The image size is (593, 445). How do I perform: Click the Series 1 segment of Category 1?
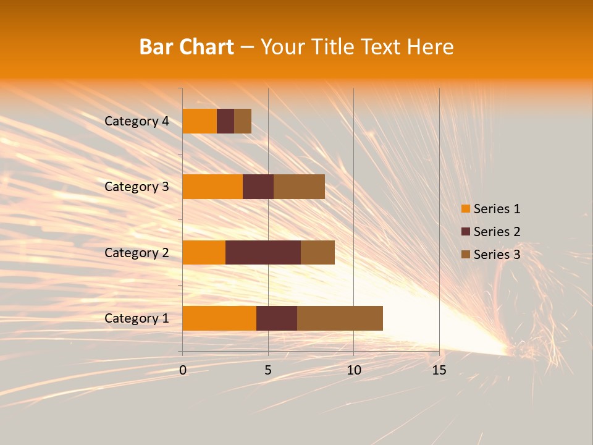click(x=219, y=318)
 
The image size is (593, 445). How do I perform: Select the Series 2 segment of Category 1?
click(x=277, y=318)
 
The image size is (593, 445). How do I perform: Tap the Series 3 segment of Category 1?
click(x=340, y=318)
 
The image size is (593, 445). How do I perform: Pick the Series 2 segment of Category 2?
click(x=263, y=252)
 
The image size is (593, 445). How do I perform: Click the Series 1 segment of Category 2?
click(x=204, y=252)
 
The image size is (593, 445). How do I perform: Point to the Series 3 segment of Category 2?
click(x=318, y=252)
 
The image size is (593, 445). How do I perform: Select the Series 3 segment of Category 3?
click(x=299, y=187)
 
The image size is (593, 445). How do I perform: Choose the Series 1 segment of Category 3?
click(x=212, y=187)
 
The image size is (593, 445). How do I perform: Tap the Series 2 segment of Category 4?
click(x=225, y=121)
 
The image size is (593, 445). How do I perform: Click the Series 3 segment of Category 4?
click(x=243, y=121)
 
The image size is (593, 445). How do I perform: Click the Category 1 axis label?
click(x=137, y=318)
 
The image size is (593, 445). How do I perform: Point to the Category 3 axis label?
click(x=137, y=187)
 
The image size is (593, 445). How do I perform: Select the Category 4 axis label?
click(x=137, y=121)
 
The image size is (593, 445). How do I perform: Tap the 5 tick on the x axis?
click(x=268, y=370)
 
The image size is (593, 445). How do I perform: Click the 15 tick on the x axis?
click(x=439, y=370)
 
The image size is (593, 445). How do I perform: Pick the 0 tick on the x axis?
click(x=183, y=370)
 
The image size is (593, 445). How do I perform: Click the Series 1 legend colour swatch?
click(x=465, y=209)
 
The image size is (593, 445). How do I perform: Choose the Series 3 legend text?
click(x=497, y=255)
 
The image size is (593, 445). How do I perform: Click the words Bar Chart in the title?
click(x=187, y=47)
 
